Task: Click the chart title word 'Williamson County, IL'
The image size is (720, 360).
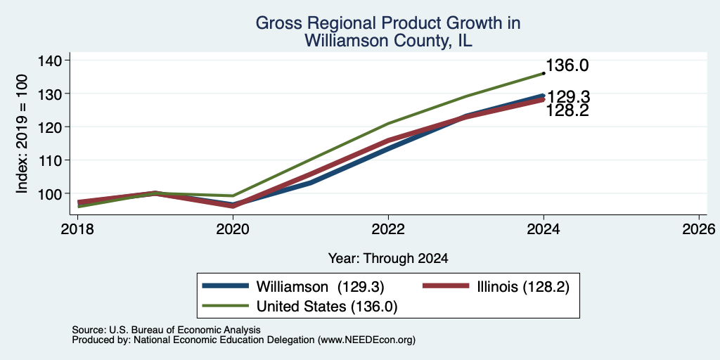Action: click(388, 41)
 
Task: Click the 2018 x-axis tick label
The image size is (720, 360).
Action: click(77, 229)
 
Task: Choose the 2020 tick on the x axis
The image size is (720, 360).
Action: click(233, 229)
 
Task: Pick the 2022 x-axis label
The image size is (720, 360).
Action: click(388, 229)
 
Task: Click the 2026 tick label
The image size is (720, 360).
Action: click(699, 229)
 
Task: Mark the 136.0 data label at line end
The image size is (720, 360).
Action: click(567, 65)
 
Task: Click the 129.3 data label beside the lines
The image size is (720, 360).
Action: click(568, 97)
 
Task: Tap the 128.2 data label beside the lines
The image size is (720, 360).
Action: click(567, 110)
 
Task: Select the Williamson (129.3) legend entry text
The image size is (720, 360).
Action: click(320, 287)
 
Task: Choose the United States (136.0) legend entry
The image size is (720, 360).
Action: click(326, 307)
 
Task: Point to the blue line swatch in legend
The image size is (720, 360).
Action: click(226, 286)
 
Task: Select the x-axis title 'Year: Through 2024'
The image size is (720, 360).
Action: click(388, 259)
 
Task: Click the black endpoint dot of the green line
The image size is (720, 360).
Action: click(544, 73)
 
